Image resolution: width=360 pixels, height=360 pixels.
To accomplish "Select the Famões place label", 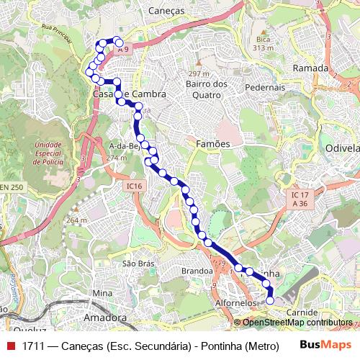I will [x=212, y=144].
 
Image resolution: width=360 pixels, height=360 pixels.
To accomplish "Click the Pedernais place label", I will [x=266, y=87].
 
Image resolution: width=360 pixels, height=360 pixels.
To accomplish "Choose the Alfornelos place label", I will [x=235, y=304].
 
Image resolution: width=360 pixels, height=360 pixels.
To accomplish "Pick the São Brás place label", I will [x=138, y=264].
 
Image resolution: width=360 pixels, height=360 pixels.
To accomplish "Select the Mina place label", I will [x=103, y=294].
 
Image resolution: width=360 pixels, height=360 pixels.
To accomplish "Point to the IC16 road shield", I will [x=132, y=186].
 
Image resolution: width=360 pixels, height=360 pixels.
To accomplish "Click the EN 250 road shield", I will [x=11, y=187].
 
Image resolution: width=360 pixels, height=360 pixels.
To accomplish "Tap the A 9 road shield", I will [x=123, y=49].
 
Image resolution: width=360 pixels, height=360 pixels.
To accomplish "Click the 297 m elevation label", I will [x=198, y=74].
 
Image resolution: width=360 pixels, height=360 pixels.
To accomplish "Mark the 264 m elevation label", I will [x=76, y=220].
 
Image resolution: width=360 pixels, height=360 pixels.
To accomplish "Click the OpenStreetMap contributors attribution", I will [x=297, y=323].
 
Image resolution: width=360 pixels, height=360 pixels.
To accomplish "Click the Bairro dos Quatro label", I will [x=206, y=89].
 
